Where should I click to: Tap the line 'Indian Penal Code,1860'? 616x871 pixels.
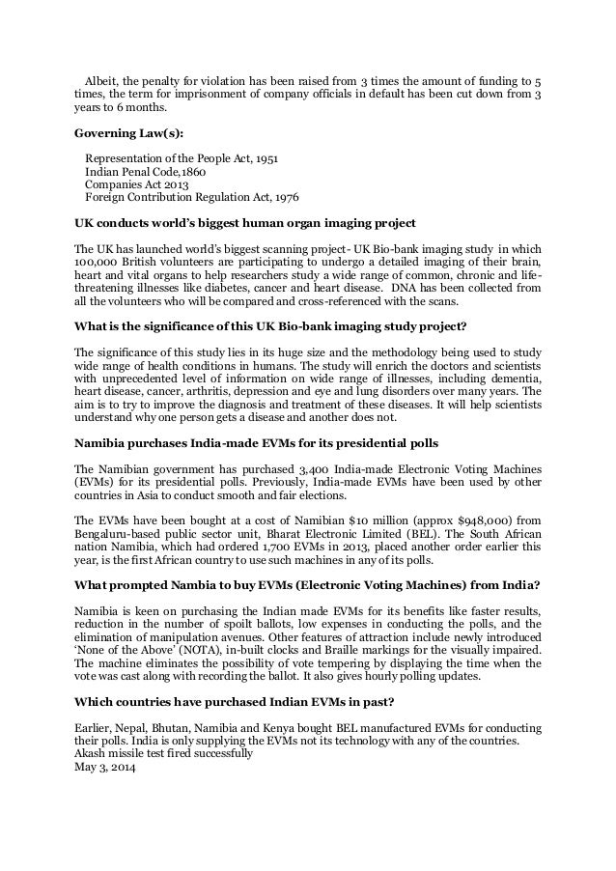click(145, 173)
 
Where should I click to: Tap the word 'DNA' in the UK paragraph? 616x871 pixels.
click(397, 288)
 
